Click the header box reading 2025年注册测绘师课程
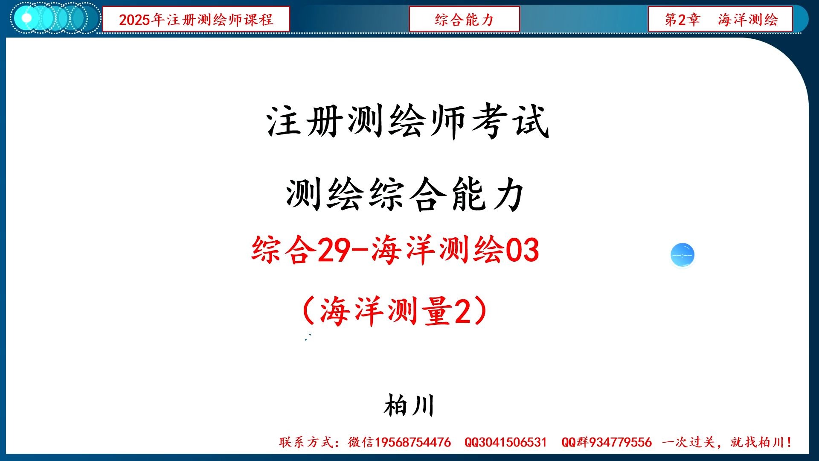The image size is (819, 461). [x=196, y=19]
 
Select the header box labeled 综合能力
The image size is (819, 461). [x=464, y=19]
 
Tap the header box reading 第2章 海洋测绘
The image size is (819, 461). [x=720, y=19]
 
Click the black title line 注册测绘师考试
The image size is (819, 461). [x=407, y=122]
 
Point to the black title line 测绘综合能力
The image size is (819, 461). [x=405, y=195]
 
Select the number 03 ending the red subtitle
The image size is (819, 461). [x=523, y=250]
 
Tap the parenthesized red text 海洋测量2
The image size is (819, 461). [x=395, y=311]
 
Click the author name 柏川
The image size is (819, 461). [x=409, y=406]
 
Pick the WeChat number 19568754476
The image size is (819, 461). [x=412, y=442]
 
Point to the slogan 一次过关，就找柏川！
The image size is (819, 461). [x=727, y=442]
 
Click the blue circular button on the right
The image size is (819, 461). [x=682, y=255]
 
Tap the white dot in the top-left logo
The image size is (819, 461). [x=26, y=18]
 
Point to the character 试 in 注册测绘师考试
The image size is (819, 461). [x=531, y=122]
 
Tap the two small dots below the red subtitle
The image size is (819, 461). [x=308, y=337]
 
